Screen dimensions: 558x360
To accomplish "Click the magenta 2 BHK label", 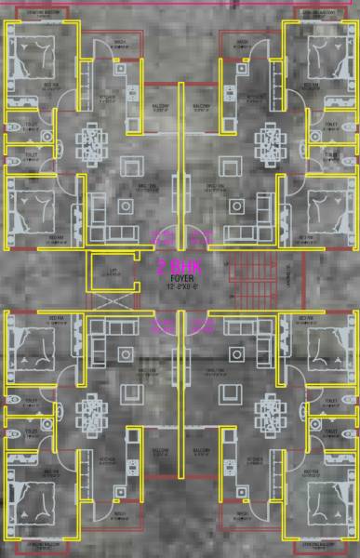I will coord(179,266).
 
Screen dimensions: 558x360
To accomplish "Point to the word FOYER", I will coord(179,277).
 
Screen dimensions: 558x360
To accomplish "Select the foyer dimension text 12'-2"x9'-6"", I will coord(179,286).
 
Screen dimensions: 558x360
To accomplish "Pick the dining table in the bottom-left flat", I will coord(94,410).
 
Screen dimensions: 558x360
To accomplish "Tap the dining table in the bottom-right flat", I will coord(268,410).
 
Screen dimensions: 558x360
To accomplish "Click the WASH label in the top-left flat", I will coord(119,42).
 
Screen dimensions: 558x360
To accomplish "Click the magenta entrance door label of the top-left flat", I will coord(161,235).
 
